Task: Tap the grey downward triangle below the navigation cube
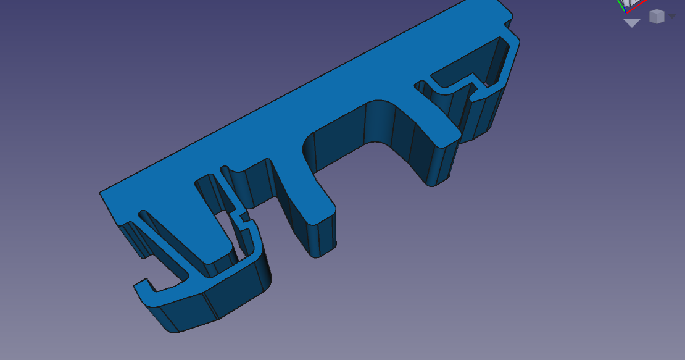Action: (x=631, y=23)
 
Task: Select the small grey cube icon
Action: (x=657, y=17)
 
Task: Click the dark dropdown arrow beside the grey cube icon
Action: (x=672, y=17)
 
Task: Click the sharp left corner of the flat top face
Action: (x=101, y=193)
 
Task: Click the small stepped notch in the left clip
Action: (x=243, y=217)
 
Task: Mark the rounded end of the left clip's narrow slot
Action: (x=144, y=214)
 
